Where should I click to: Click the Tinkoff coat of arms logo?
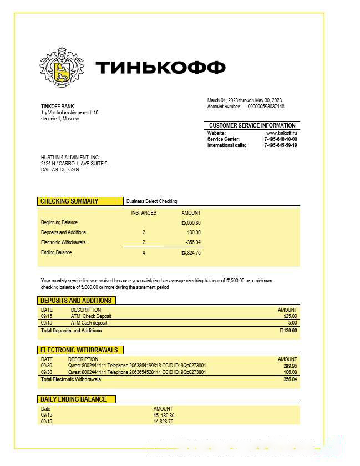coord(63,68)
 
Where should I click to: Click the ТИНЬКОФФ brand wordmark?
coord(161,68)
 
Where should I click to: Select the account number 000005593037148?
coord(266,106)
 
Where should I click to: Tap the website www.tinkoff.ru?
coord(282,133)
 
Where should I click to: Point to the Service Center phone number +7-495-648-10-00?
coord(279,139)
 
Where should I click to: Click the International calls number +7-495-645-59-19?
coord(279,145)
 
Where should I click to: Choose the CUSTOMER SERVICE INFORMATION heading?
coord(252,125)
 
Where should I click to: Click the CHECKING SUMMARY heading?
coord(69,201)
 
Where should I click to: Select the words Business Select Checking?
coord(151,201)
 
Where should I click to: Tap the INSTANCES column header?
coord(144,213)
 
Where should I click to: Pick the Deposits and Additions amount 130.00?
coord(194,232)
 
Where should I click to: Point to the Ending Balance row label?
coord(56,252)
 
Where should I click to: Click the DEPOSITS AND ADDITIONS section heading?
coord(76,301)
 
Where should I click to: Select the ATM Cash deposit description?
coord(89,323)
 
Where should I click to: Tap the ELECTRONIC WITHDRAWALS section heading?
coord(79,350)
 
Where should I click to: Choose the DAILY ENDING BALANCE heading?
coord(73,399)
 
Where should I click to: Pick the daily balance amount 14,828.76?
coord(163,422)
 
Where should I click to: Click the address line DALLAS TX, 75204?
coord(60,170)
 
